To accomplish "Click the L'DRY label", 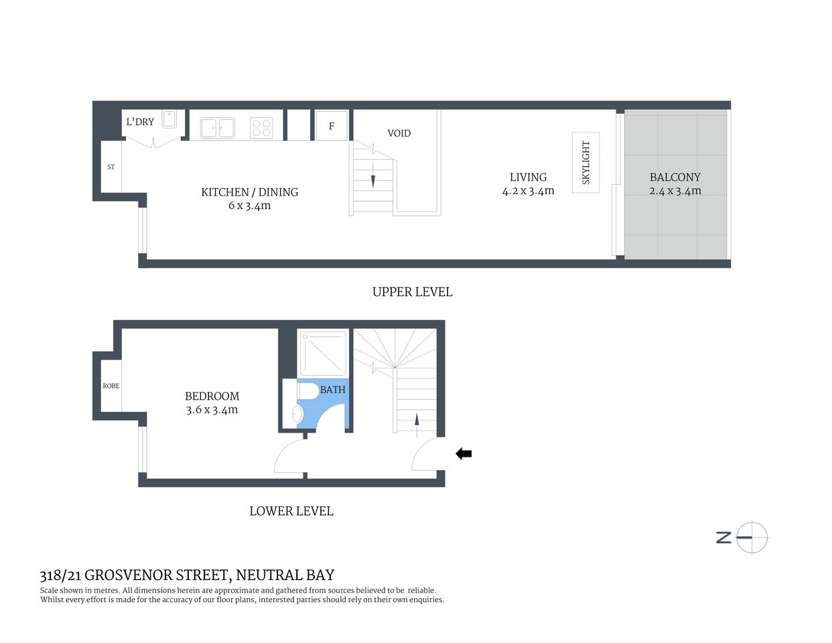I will (140, 122).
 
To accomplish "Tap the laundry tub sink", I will (169, 120).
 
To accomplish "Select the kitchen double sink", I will (218, 127).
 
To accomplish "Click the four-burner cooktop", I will (261, 127).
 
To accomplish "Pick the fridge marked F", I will (331, 126).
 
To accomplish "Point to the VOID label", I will (399, 133).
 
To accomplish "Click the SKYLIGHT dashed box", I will (585, 163).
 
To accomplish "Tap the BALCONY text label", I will (675, 177).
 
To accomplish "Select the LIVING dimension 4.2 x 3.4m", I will (528, 191).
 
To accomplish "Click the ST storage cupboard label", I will (111, 167).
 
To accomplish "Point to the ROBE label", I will (111, 386).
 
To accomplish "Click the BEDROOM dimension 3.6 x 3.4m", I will (212, 410).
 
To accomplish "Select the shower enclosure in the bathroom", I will (322, 354).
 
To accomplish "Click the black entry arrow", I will (464, 454).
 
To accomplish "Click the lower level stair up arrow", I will (417, 421).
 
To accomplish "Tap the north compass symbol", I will (751, 537).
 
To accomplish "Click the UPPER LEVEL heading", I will (412, 292).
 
